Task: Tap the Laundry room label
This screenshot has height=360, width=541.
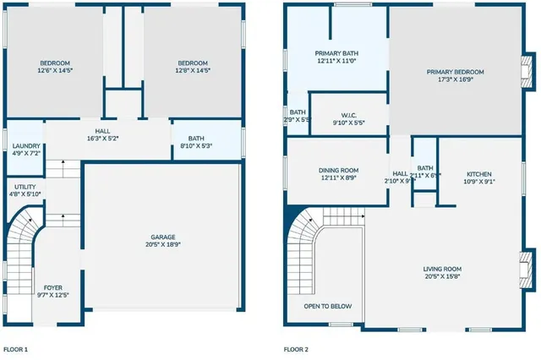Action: (24, 150)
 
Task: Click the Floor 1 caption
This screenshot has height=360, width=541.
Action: (15, 349)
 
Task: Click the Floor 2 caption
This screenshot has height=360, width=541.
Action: (295, 349)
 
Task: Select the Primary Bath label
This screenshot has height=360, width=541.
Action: (337, 57)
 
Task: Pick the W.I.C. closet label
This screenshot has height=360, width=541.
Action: (349, 119)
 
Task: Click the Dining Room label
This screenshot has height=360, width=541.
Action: (337, 173)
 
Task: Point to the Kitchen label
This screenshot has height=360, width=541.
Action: (478, 177)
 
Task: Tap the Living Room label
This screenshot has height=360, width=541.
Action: (442, 272)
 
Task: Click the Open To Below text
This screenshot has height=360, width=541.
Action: (328, 306)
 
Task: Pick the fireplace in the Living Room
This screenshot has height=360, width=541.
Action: (526, 272)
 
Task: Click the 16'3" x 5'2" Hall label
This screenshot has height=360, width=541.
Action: (102, 134)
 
